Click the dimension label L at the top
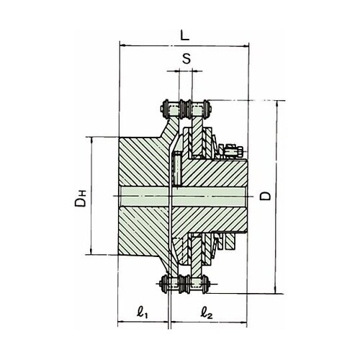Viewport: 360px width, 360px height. [185, 36]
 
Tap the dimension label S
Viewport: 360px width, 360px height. [186, 58]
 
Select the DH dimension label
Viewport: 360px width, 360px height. [80, 198]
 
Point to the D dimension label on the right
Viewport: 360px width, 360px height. [266, 196]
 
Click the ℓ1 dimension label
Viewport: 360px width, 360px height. [142, 312]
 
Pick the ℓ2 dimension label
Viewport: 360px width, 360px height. [207, 312]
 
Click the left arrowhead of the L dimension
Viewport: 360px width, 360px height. [123, 45]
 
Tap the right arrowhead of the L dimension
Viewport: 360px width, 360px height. [245, 46]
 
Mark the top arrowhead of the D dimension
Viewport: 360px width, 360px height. [277, 104]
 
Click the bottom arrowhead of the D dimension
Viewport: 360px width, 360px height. [275, 289]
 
